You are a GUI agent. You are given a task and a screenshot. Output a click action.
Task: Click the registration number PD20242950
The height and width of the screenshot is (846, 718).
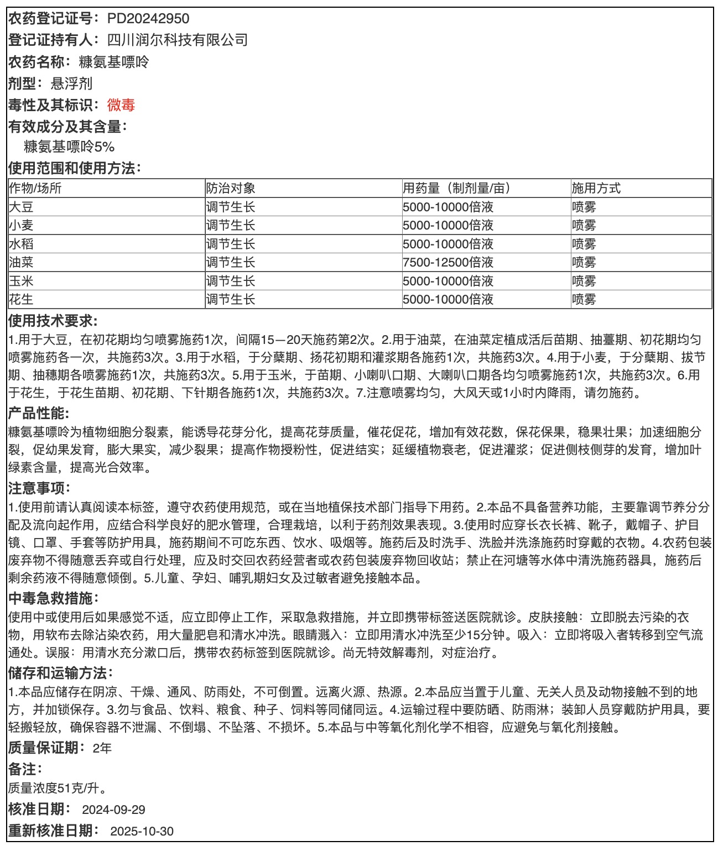(x=148, y=18)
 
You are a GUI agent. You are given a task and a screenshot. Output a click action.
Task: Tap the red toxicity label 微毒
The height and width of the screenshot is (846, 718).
(x=121, y=105)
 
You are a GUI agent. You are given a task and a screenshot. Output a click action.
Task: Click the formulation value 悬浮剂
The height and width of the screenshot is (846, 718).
(x=71, y=83)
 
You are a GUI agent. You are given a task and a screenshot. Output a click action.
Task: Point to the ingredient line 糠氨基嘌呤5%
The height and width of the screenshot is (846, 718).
(x=69, y=147)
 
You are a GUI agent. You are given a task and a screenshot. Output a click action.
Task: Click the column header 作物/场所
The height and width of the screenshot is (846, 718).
(x=35, y=188)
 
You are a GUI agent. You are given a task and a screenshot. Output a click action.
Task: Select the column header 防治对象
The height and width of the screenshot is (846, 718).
(x=231, y=188)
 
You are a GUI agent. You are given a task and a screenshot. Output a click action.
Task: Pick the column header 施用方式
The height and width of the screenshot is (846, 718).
(x=596, y=188)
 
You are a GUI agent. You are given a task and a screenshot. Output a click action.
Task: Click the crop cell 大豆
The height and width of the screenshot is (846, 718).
(x=21, y=207)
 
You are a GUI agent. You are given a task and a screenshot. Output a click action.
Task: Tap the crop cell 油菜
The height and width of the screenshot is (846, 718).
(x=21, y=262)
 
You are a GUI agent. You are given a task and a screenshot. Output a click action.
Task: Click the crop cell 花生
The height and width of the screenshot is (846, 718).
(x=21, y=299)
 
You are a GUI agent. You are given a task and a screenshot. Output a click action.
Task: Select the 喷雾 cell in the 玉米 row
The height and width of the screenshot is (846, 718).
(x=584, y=281)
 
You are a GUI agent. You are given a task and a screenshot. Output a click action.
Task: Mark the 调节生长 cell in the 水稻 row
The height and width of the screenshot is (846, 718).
(x=231, y=244)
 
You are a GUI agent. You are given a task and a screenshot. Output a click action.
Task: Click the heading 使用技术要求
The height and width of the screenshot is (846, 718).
(x=53, y=321)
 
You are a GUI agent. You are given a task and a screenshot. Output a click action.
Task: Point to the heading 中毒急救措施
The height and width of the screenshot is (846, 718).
(x=53, y=598)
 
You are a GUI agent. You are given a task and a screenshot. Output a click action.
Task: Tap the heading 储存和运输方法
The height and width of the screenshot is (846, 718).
(x=60, y=673)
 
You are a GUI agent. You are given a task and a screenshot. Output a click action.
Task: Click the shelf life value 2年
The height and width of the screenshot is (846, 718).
(x=102, y=748)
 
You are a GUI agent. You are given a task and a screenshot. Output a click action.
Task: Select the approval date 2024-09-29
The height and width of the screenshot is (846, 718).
(x=113, y=810)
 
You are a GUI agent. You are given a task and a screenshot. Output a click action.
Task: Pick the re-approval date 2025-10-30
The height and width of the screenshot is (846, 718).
(x=142, y=831)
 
